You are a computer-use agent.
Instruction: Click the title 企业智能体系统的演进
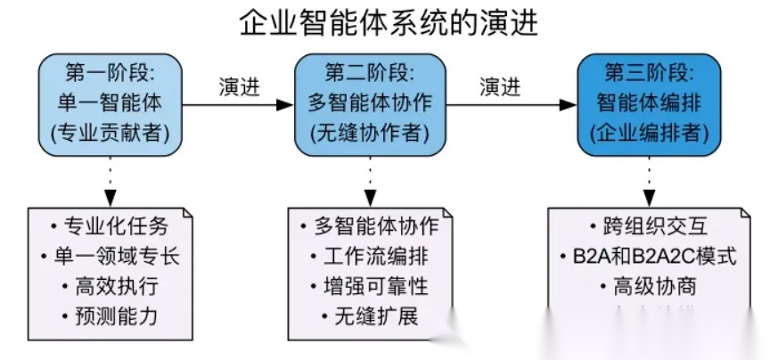point(389,22)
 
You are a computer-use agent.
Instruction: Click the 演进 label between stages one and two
point(240,86)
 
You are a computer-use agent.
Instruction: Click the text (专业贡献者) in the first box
point(111,134)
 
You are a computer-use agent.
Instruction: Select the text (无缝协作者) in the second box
point(370,134)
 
